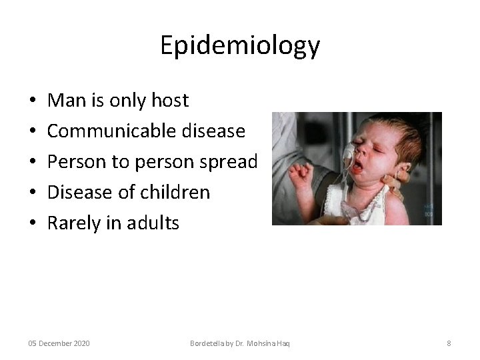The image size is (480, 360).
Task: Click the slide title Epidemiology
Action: tap(240, 45)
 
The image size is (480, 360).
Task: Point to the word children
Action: tap(177, 193)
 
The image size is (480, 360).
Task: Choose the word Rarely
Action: tap(73, 223)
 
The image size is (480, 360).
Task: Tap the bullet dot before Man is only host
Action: tap(33, 101)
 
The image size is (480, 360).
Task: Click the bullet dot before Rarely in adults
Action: tap(33, 224)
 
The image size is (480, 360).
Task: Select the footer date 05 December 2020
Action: tap(59, 343)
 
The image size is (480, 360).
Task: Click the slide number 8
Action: tap(449, 343)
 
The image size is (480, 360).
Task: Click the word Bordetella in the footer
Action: tap(207, 343)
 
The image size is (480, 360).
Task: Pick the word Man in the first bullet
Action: tap(63, 101)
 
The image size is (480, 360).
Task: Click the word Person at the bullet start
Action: tap(75, 162)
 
